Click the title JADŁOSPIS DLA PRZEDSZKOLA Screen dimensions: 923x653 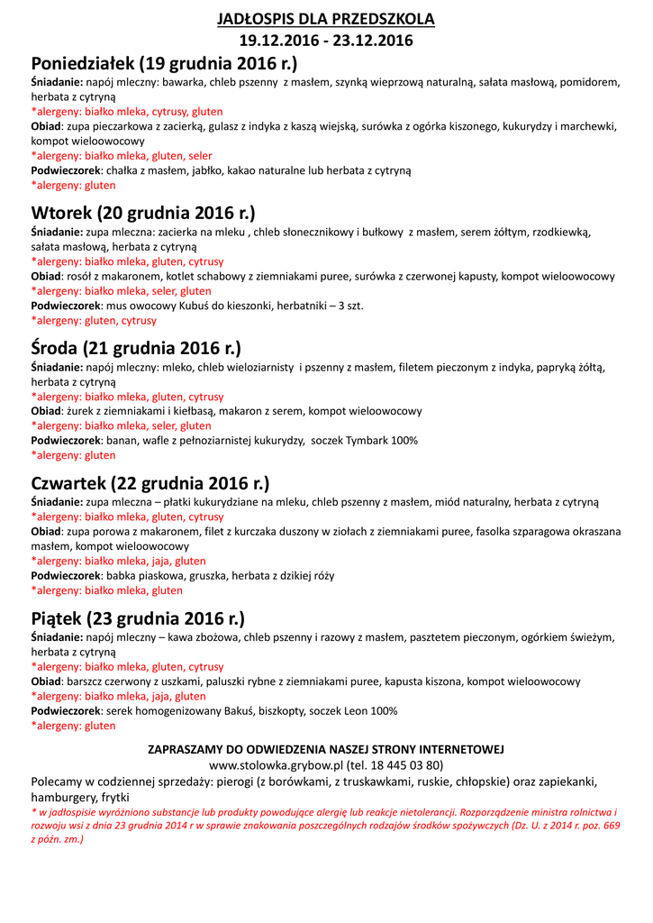coord(326,19)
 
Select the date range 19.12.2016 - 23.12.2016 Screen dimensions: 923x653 coord(326,41)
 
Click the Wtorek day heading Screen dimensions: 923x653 coord(143,214)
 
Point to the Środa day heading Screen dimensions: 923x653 coord(136,348)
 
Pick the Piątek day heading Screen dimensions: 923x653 coord(138,618)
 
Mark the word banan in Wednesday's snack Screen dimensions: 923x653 coord(123,440)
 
